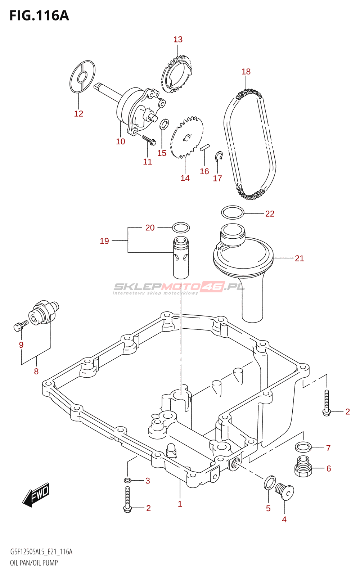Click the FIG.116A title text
pos(39,16)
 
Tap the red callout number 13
pos(178,39)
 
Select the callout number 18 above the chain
pos(246,72)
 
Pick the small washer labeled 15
pos(164,124)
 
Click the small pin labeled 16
pos(205,147)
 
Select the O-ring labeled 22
pos(233,212)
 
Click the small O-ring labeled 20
pos(181,227)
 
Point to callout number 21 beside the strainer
pos(299,258)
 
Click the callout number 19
pos(104,241)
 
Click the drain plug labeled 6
pos(303,466)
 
